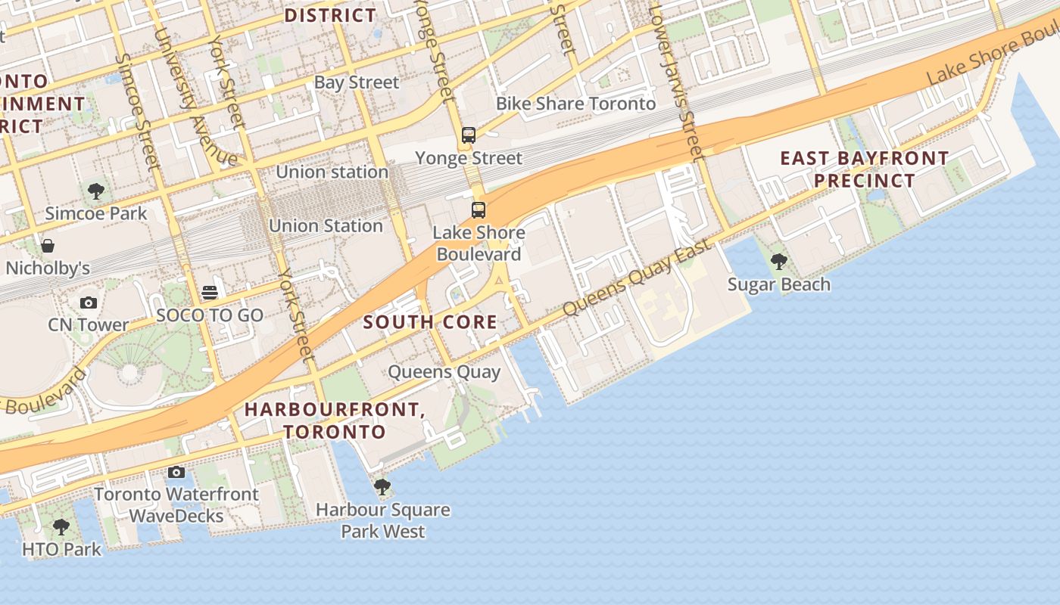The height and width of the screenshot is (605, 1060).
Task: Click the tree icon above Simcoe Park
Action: click(x=95, y=191)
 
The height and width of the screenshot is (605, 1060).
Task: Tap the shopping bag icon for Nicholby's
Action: click(x=48, y=246)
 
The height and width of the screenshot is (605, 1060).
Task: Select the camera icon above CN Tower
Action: click(x=89, y=302)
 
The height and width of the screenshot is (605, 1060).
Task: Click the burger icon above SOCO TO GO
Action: click(x=210, y=293)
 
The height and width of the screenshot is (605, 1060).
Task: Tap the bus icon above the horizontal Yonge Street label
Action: click(x=469, y=136)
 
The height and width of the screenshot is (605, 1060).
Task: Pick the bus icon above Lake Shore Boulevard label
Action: click(x=479, y=210)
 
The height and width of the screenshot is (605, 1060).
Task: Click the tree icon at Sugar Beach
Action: click(x=778, y=262)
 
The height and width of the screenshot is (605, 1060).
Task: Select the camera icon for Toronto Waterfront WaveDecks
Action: click(x=176, y=472)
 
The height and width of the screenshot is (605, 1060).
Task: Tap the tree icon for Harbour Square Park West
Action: click(x=382, y=486)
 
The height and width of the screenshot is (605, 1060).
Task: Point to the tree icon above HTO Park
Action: click(x=61, y=526)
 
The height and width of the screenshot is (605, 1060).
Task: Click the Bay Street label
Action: click(x=356, y=82)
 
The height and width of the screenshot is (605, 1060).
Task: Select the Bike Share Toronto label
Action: click(x=575, y=104)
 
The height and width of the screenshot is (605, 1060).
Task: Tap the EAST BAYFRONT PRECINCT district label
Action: click(x=864, y=169)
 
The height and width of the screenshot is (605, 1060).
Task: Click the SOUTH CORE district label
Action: click(x=430, y=322)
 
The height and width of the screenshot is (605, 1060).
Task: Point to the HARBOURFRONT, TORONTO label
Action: click(x=334, y=420)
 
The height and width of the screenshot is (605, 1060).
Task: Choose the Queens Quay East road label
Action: click(x=638, y=278)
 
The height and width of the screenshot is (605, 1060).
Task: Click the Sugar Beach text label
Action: click(x=778, y=285)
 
